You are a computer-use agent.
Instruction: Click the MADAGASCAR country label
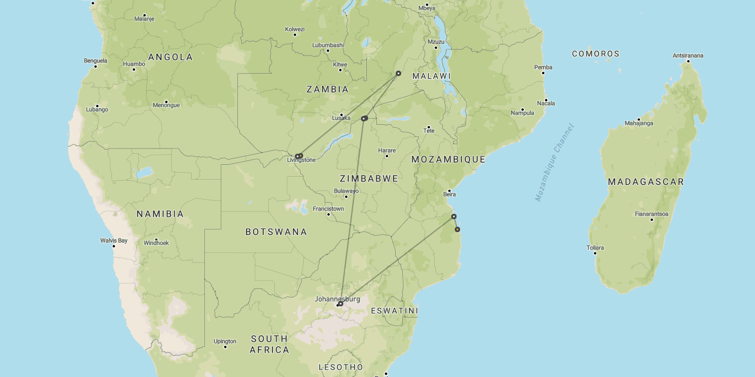646,182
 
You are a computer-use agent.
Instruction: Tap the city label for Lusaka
341,118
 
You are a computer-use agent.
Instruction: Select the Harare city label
387,151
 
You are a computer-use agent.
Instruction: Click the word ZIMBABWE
369,178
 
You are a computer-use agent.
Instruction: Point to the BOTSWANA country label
276,232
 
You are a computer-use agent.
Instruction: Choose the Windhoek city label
156,243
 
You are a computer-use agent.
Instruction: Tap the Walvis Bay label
114,240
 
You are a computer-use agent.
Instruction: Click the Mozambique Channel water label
554,163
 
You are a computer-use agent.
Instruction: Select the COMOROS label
596,54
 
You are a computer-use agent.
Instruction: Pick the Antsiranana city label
688,56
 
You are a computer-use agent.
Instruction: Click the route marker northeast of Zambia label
398,74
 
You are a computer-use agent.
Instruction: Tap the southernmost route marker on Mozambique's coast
457,229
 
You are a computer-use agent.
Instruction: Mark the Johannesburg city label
337,299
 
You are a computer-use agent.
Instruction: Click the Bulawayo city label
346,191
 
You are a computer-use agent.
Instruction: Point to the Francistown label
328,209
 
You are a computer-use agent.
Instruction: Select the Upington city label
225,341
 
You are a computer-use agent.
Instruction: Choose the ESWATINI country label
394,311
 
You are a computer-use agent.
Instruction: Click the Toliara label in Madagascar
595,248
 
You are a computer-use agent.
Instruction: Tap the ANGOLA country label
170,57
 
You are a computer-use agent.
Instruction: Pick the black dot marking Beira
449,191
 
